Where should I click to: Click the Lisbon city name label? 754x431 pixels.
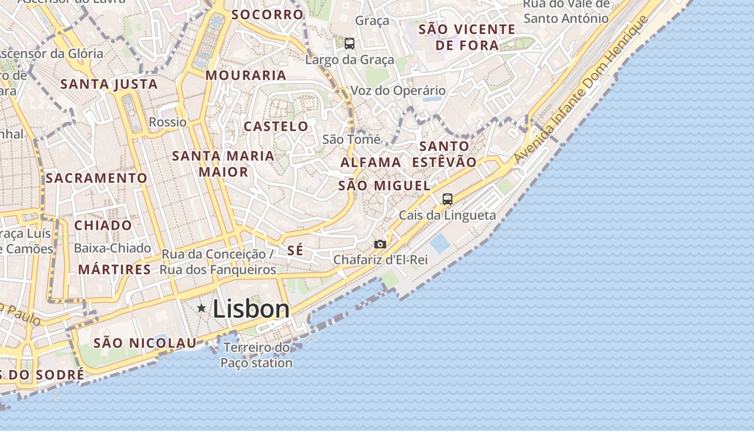point(251,309)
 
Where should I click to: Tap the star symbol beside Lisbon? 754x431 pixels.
point(201,308)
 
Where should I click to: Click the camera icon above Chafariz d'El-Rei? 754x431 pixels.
point(380,244)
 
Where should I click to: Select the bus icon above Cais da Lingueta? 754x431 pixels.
point(447,199)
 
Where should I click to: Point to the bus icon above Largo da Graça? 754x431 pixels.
point(350,44)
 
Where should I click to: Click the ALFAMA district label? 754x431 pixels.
point(371,162)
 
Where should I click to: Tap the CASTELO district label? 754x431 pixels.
point(276,127)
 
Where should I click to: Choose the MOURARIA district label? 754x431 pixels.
point(246,75)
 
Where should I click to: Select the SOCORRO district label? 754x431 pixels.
point(268,15)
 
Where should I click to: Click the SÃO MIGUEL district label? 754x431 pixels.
point(384,186)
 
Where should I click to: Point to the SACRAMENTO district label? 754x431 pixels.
point(96,178)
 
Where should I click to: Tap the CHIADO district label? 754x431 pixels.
point(103,225)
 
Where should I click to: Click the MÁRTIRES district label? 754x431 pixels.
point(115,269)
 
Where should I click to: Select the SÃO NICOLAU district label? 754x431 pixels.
point(145,343)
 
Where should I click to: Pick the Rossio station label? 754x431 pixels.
point(167,122)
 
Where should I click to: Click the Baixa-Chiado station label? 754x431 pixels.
point(113,248)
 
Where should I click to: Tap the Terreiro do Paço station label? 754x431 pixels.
point(256,355)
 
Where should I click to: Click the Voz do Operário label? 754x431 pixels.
point(398,91)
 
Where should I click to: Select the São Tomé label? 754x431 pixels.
point(351,140)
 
